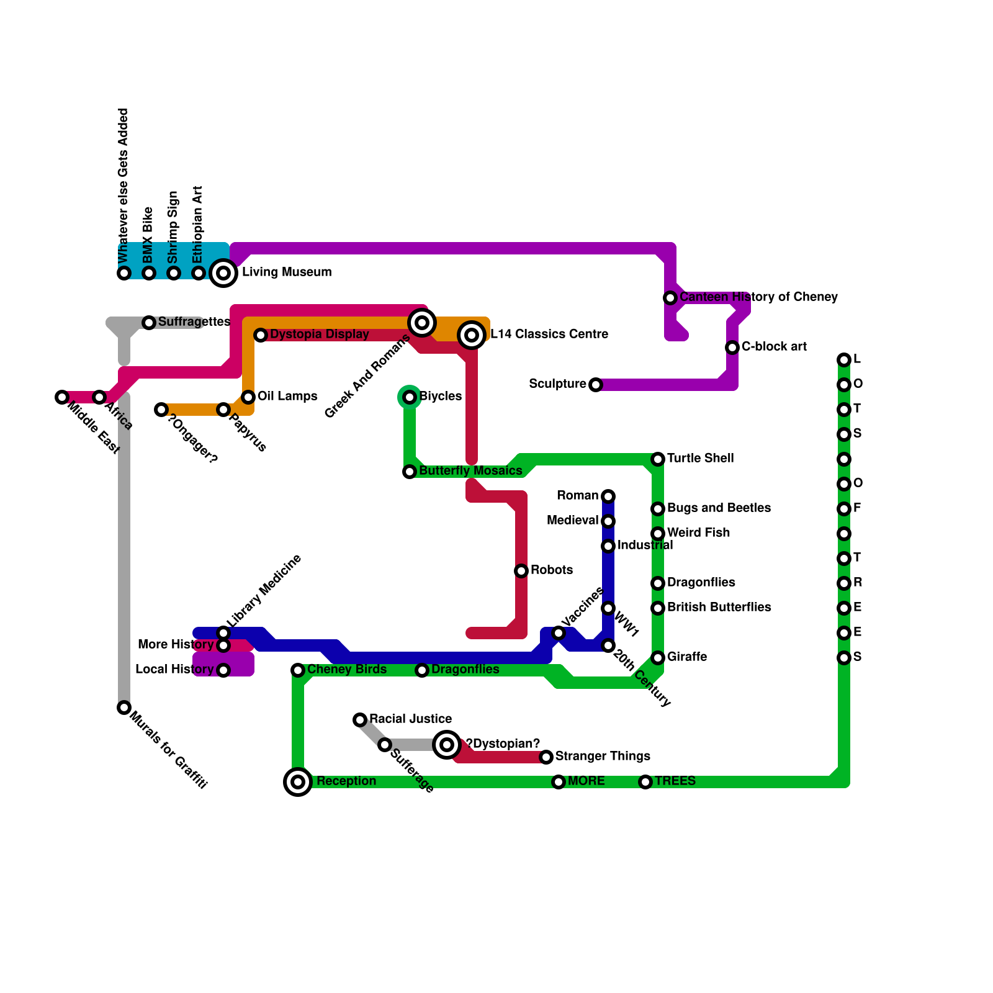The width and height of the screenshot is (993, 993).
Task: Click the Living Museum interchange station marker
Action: [x=223, y=272]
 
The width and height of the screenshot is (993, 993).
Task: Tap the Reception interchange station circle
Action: [x=298, y=781]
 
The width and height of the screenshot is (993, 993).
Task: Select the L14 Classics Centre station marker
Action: [x=472, y=335]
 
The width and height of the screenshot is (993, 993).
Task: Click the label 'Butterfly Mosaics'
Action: [x=470, y=471]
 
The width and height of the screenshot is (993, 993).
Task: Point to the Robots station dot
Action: [x=521, y=571]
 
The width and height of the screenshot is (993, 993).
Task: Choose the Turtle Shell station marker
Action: [x=658, y=459]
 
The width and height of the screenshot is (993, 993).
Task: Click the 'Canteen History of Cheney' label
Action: [x=758, y=297]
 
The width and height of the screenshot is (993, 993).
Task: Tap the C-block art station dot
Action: [x=732, y=348]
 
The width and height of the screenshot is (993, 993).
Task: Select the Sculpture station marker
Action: [x=596, y=385]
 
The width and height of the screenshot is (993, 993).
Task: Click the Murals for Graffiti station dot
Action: [x=124, y=708]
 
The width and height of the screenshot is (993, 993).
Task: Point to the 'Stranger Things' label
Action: [x=603, y=756]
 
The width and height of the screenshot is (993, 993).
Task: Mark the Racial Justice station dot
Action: [x=360, y=720]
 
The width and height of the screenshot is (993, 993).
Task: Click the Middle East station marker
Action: [x=61, y=397]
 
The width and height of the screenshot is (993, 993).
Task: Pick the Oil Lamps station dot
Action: [x=248, y=397]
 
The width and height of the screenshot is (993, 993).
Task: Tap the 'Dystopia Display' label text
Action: [x=320, y=335]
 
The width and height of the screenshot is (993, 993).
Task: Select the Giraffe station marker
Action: [x=658, y=658]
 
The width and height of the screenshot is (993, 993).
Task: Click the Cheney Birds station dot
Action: [x=298, y=670]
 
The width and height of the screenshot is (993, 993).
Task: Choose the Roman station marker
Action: [x=608, y=496]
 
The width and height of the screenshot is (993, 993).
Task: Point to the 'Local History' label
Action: [x=174, y=670]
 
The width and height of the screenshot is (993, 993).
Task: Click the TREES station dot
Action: [x=645, y=782]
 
